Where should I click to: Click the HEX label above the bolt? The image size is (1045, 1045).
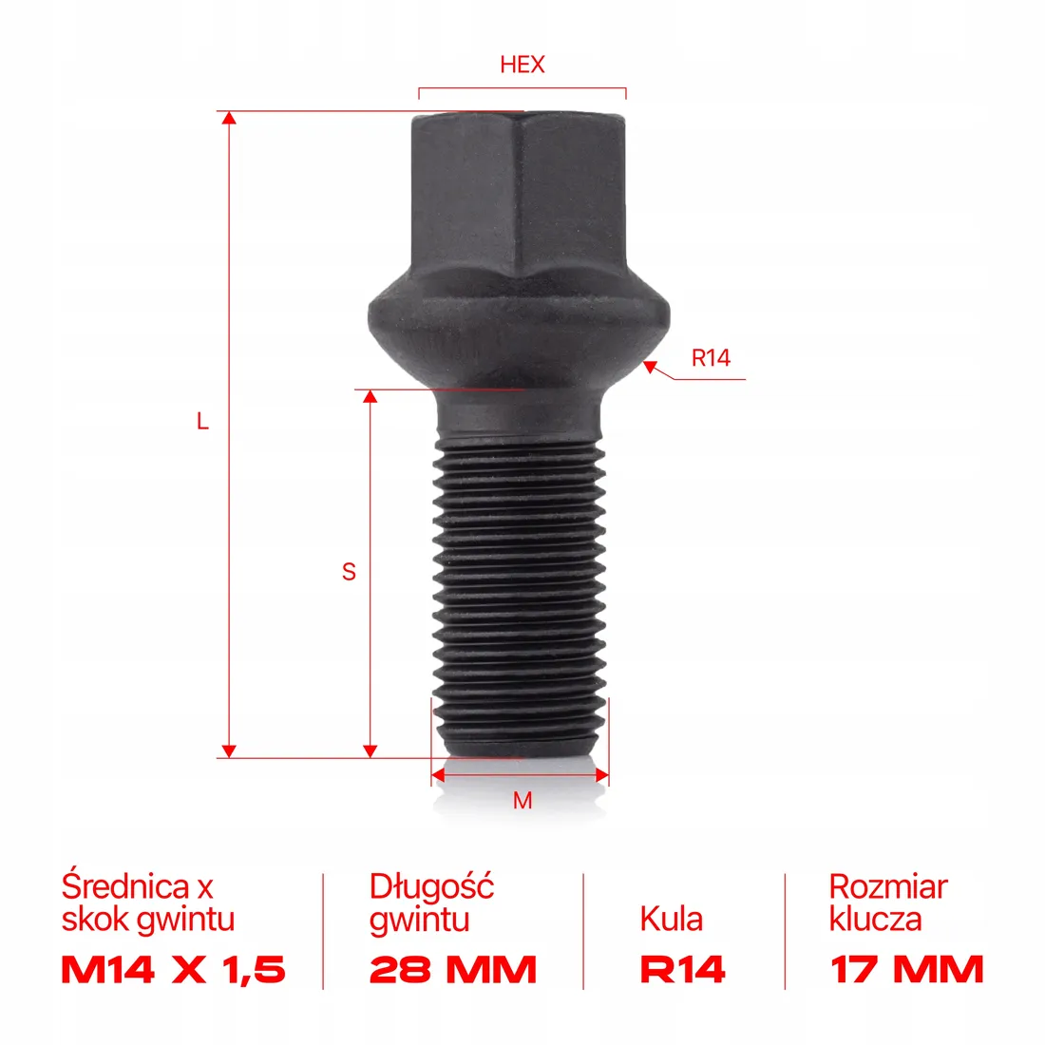[x=522, y=65]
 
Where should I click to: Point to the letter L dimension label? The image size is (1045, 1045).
[x=202, y=421]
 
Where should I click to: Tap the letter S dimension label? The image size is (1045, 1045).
[x=349, y=572]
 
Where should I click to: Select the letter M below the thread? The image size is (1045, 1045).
[x=522, y=801]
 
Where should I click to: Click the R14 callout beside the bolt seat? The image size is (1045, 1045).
[x=711, y=358]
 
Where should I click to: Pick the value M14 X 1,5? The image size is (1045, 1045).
[x=173, y=970]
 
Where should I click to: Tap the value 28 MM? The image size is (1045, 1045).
[x=453, y=970]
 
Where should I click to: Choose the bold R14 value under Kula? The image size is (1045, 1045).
[x=683, y=970]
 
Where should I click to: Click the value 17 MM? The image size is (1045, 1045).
[x=907, y=970]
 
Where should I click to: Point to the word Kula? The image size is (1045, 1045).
[x=672, y=919]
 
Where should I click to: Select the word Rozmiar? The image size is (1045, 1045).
[x=888, y=886]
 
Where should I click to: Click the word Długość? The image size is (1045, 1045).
[x=432, y=886]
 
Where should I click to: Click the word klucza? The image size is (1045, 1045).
[x=875, y=919]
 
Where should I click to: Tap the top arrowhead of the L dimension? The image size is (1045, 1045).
[x=228, y=118]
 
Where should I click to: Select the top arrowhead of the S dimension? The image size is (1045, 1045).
[x=371, y=395]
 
